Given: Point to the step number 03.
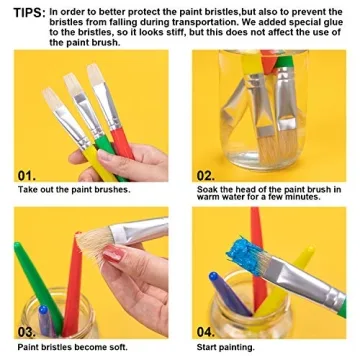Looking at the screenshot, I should [29, 331].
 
